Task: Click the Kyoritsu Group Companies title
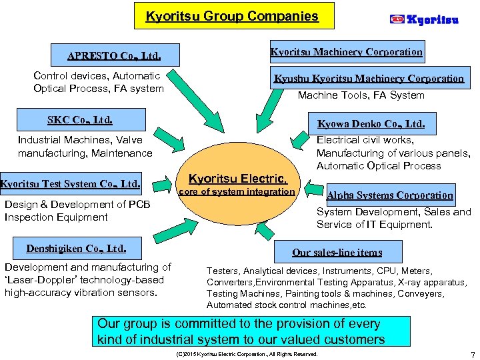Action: coord(232,15)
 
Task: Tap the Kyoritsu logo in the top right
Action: coord(424,19)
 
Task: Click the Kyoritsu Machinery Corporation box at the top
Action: coord(346,51)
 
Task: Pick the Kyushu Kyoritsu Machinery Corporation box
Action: coord(369,78)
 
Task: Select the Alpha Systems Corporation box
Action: coord(390,195)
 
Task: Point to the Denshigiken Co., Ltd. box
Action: coord(76,249)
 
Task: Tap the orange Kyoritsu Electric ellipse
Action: coord(238,197)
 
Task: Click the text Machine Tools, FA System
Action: coord(361,95)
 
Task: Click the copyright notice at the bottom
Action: coord(245,353)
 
